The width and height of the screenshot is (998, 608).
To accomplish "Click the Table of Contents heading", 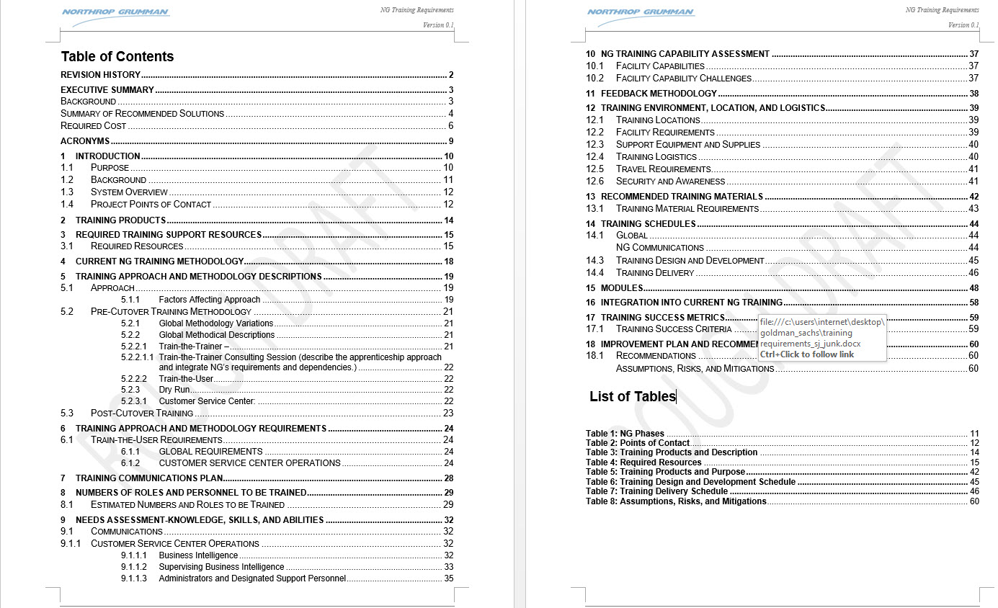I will tap(117, 57).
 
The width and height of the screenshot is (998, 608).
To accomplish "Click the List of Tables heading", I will tap(632, 396).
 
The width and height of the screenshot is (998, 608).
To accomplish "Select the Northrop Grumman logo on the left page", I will tap(115, 12).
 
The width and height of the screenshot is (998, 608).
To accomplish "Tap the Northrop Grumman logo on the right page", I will tap(641, 12).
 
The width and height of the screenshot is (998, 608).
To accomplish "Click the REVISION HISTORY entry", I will tap(100, 75).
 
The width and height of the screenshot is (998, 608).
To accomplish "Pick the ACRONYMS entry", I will tap(85, 141).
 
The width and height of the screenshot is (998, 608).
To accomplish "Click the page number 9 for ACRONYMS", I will tap(450, 141).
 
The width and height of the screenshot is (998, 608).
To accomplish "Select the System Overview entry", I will tap(129, 192).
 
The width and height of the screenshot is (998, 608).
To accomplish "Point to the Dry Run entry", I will tap(174, 390).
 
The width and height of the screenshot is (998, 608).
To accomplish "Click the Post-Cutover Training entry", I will tap(142, 413).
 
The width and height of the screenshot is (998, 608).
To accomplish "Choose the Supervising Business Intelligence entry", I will tap(221, 567).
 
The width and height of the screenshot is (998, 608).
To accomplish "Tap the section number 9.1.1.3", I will tap(134, 578).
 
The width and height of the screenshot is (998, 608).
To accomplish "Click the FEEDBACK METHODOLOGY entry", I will tap(659, 94).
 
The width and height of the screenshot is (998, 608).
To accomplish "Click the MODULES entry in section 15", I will tap(622, 288).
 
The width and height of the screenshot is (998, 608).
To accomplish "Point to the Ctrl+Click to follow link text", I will tap(806, 354).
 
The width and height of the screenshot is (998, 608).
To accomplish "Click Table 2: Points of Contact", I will tap(637, 443).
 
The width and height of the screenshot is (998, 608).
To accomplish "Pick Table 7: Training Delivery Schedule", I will tap(656, 491).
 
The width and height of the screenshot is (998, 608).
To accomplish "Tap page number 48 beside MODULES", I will tap(974, 288).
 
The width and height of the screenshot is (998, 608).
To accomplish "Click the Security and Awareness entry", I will tap(670, 182).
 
